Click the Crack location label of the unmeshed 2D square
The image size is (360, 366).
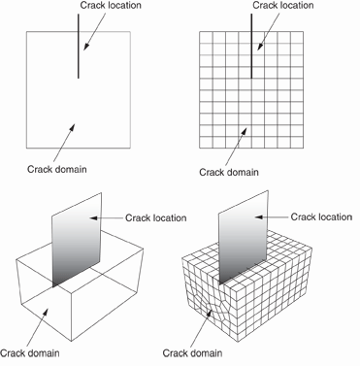[111, 6]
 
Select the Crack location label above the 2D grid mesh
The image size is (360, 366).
[283, 6]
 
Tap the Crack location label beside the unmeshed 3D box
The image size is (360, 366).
[156, 217]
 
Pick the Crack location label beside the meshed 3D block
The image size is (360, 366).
[321, 216]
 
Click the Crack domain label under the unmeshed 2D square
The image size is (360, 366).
[57, 169]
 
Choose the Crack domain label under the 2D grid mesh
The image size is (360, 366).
[229, 172]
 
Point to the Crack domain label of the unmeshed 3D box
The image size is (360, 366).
[30, 352]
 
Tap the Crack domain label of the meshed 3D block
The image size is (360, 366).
[192, 353]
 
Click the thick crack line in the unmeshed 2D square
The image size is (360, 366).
[79, 46]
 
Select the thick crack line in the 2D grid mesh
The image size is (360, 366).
[251, 46]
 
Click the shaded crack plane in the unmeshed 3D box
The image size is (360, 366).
[77, 240]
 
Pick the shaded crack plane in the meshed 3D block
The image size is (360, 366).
[244, 238]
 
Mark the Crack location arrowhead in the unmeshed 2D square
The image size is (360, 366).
[86, 46]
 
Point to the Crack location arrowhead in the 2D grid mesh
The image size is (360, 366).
[260, 46]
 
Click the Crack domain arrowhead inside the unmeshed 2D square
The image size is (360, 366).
[72, 127]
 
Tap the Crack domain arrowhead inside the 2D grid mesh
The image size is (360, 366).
[244, 132]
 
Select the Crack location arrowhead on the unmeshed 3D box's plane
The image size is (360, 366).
[94, 218]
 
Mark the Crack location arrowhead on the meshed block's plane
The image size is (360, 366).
[259, 217]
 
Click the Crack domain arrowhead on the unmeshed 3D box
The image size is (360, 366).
[46, 313]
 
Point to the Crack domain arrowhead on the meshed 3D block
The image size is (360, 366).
[210, 314]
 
